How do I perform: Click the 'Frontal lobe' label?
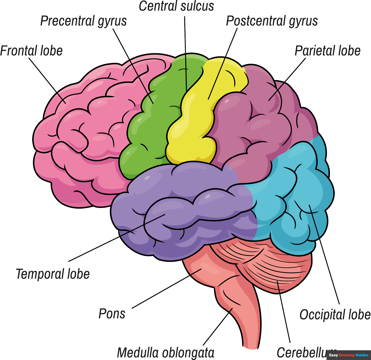pos(31,51)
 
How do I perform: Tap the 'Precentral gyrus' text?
pos(83,21)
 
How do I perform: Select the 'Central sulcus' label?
pos(176,6)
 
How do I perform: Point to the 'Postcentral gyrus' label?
pos(272,21)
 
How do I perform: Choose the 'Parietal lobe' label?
pos(327,51)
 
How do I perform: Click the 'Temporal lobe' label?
pos(53,274)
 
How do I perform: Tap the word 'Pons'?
pos(112,314)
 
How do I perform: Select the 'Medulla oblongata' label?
pos(165,353)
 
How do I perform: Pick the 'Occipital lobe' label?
pos(335,314)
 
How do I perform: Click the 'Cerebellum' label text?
pos(301,353)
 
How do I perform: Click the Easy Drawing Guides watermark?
pos(348,355)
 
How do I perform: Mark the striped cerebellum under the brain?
pos(266,266)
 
